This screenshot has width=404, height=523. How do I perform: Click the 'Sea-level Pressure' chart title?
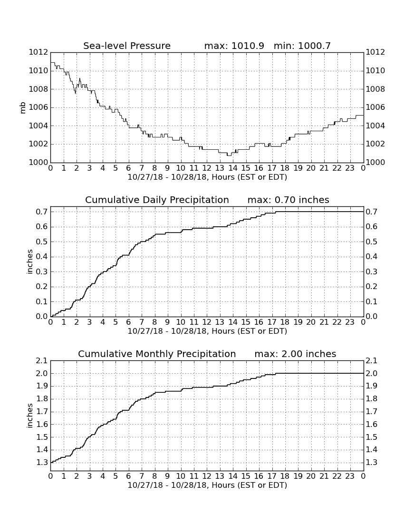127,46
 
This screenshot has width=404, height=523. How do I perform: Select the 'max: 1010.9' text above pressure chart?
234,46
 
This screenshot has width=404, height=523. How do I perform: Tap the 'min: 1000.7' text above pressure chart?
302,46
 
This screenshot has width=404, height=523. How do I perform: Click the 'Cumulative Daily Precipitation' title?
157,200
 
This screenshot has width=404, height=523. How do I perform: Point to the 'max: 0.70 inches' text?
289,200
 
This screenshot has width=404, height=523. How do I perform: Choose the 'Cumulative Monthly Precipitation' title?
157,354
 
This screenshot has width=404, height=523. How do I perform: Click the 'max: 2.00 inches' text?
295,354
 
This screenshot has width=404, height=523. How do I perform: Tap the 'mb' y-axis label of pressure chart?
23,108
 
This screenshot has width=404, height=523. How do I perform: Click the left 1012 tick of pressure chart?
38,52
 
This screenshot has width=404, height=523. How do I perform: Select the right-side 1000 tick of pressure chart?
375,163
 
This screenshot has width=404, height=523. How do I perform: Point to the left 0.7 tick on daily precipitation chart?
42,212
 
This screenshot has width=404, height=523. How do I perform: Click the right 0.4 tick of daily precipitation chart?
372,257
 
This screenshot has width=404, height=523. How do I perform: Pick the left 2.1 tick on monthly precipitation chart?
42,361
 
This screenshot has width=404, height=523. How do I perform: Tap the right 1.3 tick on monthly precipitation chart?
372,463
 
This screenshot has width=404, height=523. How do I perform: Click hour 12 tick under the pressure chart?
207,168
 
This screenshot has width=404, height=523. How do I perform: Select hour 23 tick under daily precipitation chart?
350,322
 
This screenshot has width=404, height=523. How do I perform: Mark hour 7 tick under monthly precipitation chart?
142,476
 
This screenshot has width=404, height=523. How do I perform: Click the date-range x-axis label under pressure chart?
207,177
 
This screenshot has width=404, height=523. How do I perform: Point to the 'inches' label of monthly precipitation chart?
30,416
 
